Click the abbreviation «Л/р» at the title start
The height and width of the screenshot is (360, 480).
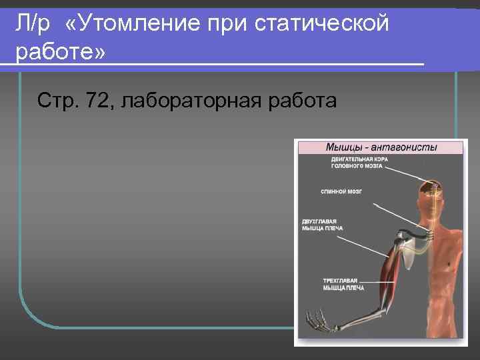click(x=34, y=25)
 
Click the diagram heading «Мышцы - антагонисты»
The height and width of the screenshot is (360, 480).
click(x=381, y=147)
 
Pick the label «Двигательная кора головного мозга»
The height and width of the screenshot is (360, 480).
click(x=357, y=163)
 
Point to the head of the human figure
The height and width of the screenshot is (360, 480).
click(x=430, y=197)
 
